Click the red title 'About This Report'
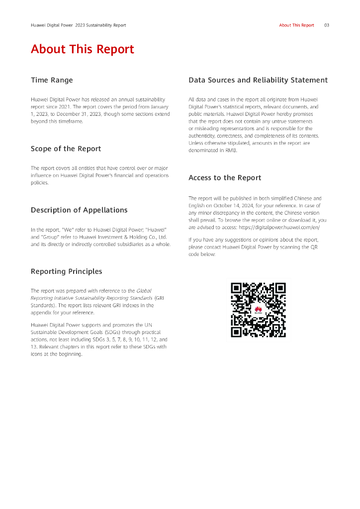83,49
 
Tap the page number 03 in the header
327,25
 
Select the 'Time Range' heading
52,80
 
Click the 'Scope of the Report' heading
66,149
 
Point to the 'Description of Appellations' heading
79,210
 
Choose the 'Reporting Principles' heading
66,271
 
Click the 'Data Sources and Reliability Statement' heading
258,80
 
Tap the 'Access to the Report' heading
225,177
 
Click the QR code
259,310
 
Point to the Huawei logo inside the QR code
258,310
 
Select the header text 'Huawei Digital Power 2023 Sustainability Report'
79,25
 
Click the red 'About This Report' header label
296,25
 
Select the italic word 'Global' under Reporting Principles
144,291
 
